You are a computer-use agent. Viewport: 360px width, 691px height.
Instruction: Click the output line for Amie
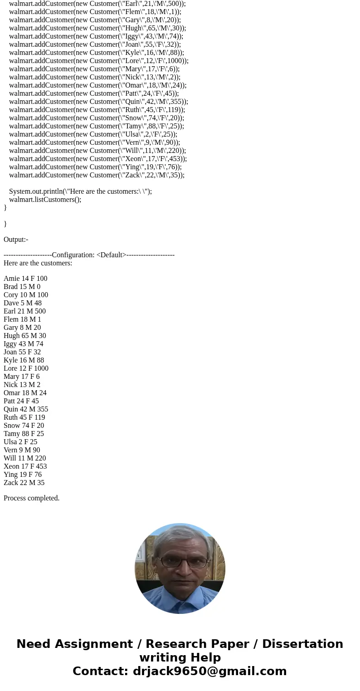coord(25,279)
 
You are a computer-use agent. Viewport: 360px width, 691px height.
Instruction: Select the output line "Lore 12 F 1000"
coord(26,368)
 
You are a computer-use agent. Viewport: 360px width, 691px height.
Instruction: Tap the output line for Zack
coord(24,483)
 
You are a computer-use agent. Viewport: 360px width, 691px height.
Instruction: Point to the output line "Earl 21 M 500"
coord(24,311)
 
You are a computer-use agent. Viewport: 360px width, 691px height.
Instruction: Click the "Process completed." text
coord(32,498)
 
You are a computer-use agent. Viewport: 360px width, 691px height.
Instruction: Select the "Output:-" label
coord(16,240)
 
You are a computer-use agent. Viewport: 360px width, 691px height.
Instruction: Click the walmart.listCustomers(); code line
coord(45,200)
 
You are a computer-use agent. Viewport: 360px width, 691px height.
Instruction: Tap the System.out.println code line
coord(80,191)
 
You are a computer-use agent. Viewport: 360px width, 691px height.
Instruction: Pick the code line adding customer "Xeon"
coord(97,159)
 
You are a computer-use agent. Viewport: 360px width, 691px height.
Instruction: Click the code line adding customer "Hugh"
coord(97,28)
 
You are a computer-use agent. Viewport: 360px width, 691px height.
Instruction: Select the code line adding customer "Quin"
coord(98,102)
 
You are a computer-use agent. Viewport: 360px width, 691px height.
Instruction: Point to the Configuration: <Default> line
coord(89,255)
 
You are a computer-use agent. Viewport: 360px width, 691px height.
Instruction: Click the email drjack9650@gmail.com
coord(209,671)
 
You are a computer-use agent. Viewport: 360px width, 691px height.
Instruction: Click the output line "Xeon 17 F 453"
coord(25,466)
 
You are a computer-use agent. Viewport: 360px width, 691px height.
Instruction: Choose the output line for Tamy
coord(24,434)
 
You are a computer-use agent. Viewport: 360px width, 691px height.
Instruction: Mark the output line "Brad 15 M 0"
coord(22,287)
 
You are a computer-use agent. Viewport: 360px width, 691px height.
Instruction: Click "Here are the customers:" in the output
coord(38,263)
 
